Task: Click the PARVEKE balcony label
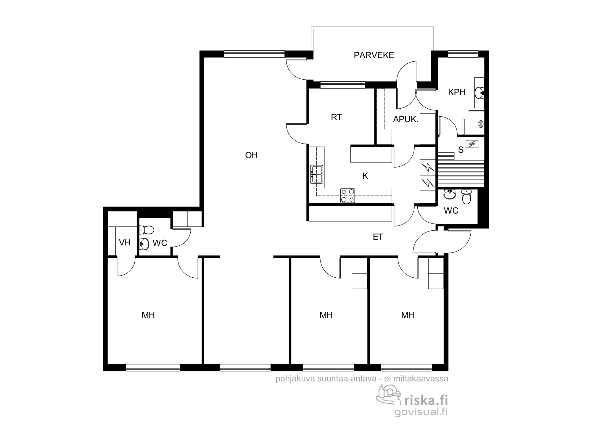coord(374,55)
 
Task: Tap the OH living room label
coord(251,155)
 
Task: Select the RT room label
coord(336,118)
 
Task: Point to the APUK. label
coord(406,119)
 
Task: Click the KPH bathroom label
coord(457,92)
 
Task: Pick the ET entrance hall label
coord(378,237)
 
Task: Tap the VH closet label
coord(125,243)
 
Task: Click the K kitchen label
coord(365,176)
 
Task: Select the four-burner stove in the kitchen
coord(348,196)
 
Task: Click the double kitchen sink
coord(316,174)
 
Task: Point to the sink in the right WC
coord(450,194)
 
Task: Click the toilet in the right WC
coord(466,197)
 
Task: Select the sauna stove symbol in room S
coord(472,144)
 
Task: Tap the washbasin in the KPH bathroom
coord(480,93)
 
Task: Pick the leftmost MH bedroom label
coord(148,315)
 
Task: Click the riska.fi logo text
coord(426,400)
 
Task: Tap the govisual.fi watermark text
coord(421,412)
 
